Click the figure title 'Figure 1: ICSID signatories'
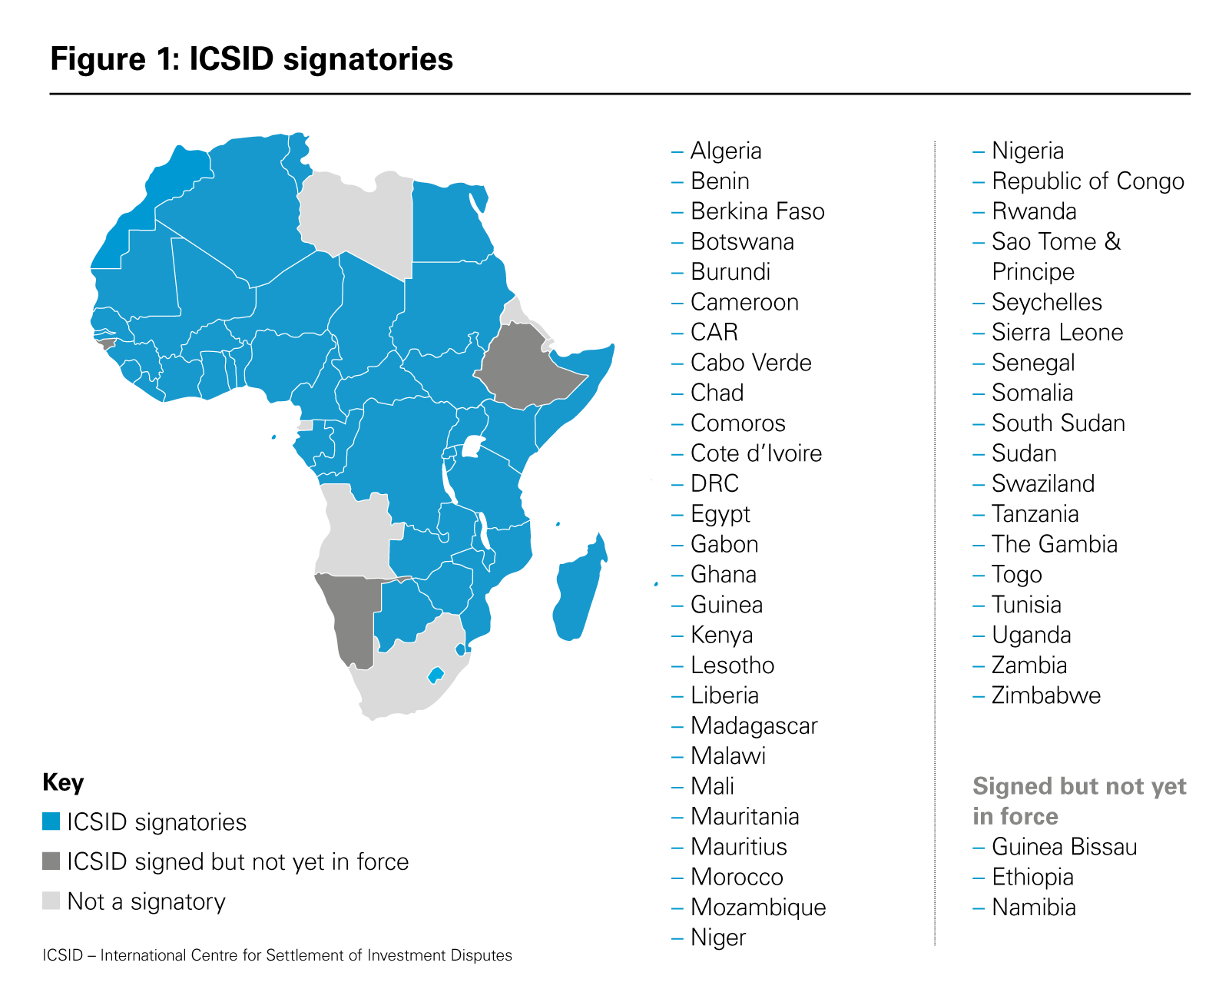coord(251,59)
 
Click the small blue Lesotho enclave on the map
coord(436,675)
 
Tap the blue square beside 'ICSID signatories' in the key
coord(51,821)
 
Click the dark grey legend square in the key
coord(51,861)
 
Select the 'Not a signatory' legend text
coord(146,901)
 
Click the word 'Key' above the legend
coord(63,782)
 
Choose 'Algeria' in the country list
coord(726,151)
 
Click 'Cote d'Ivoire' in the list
coord(756,453)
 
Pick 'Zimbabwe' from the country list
coord(1045,695)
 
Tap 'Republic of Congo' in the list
coord(1088,181)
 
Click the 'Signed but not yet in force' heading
coord(1079,801)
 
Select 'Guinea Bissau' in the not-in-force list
coord(1064,847)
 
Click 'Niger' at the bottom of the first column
coord(718,938)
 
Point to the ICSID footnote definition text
coord(277,955)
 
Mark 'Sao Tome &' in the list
coord(1056,242)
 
